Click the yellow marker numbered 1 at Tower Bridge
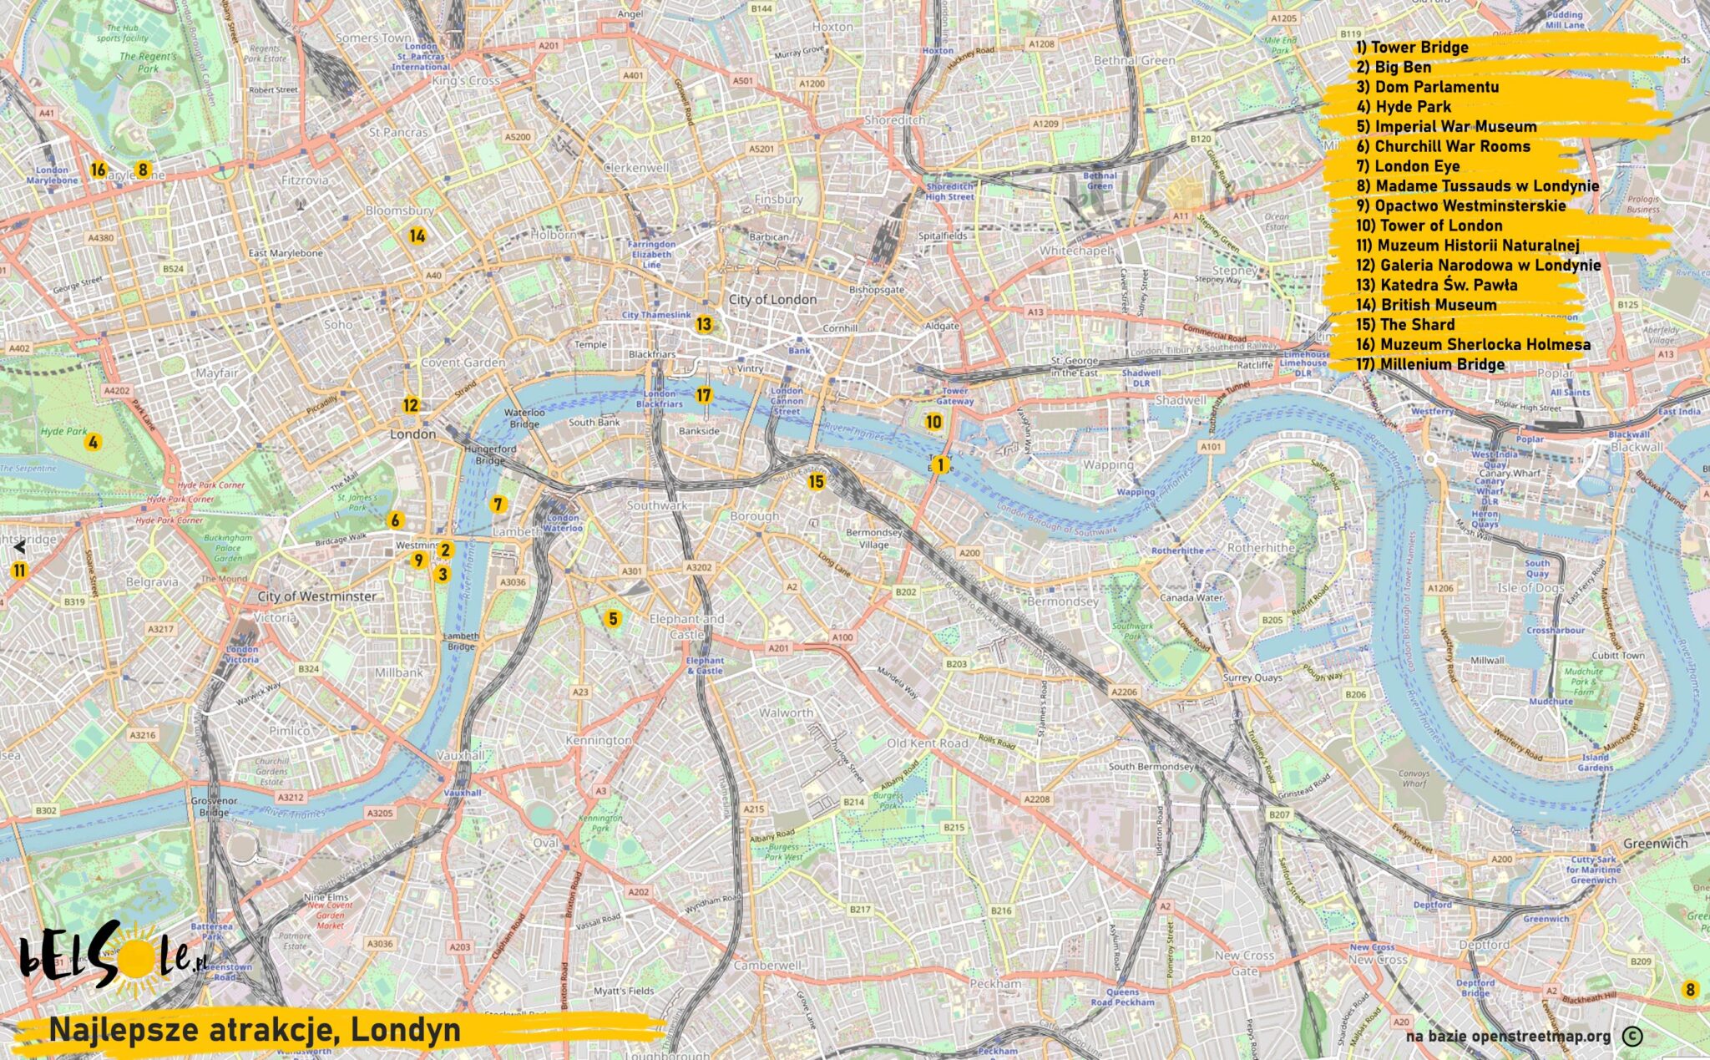940,465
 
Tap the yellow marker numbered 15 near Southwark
816,481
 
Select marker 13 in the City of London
704,324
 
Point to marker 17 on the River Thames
704,395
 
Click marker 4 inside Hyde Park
93,442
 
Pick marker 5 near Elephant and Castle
613,619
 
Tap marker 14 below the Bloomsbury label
417,236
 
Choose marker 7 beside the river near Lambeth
498,504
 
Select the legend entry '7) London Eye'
1408,166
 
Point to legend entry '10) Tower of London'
1429,226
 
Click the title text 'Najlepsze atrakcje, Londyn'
255,1030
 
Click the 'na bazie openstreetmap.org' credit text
1508,1037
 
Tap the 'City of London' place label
772,299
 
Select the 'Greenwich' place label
1655,844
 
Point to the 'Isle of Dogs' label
1530,588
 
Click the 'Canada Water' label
1191,598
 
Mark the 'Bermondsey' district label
1062,601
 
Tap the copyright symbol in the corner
1632,1037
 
